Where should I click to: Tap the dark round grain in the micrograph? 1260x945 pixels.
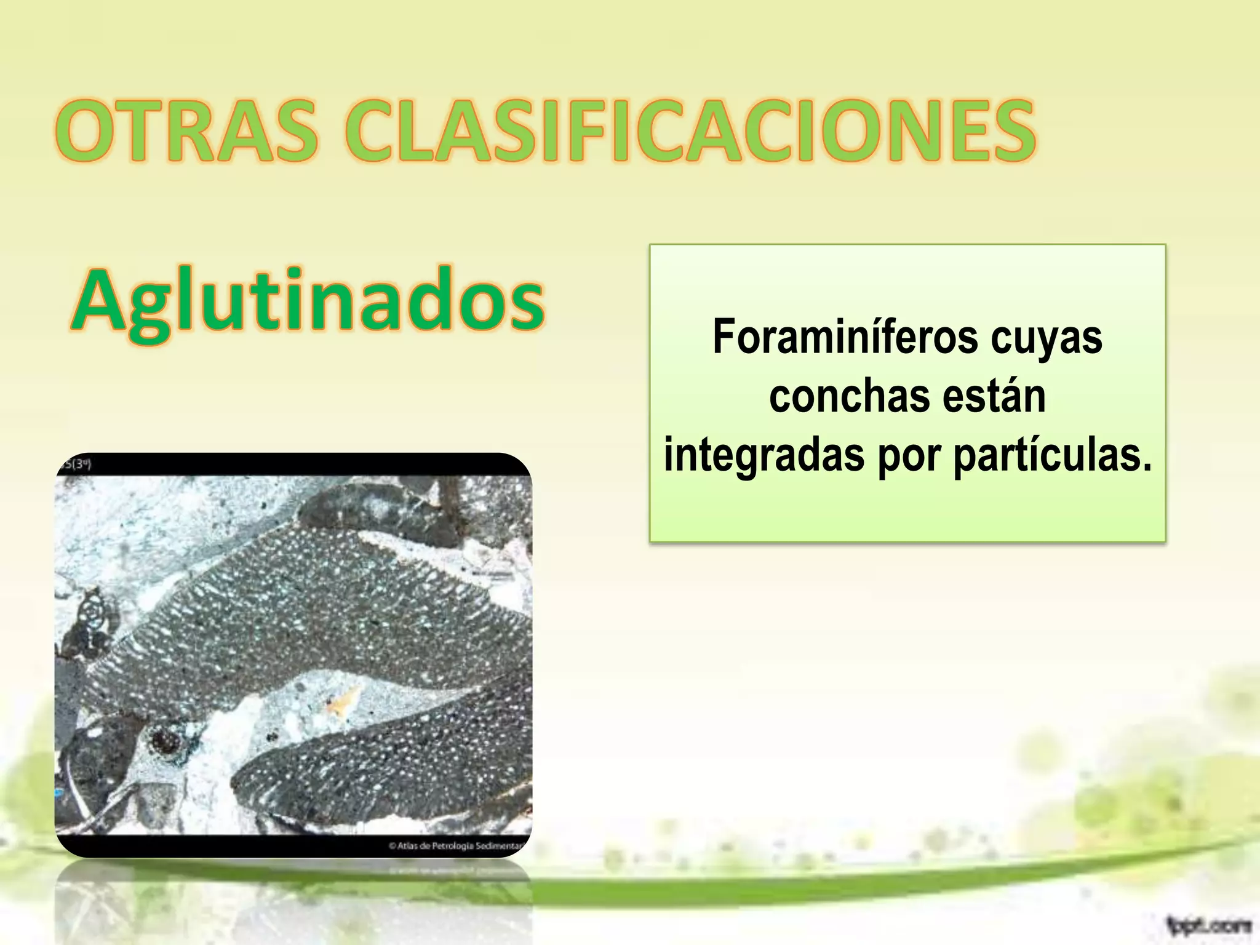[x=165, y=741]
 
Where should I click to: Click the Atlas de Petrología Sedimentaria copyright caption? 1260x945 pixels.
[x=456, y=846]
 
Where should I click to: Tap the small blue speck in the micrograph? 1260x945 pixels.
[x=59, y=794]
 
